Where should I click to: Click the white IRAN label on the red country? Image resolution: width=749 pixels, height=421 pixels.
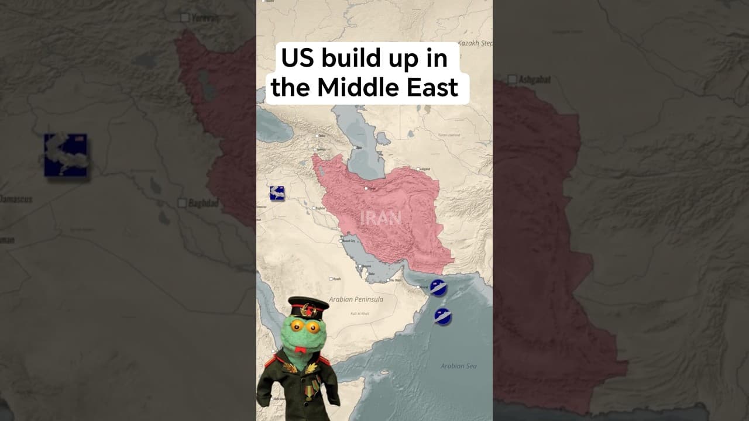pos(381,219)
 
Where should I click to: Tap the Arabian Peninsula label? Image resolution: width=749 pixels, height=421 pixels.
pos(356,299)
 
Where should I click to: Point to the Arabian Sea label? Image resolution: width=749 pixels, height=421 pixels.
pos(458,366)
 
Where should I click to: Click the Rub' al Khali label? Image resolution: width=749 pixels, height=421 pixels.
pos(359,314)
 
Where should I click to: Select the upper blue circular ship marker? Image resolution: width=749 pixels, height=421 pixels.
pos(438,287)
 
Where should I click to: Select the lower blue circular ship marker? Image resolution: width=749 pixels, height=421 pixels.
pos(443,316)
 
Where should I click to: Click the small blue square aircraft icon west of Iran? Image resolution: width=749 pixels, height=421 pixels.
pos(277,193)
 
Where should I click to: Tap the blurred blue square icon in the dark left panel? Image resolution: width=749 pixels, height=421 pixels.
pos(66,155)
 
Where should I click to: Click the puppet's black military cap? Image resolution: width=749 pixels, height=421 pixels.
pos(308,306)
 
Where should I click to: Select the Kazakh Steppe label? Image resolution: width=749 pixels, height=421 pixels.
pos(475,43)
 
